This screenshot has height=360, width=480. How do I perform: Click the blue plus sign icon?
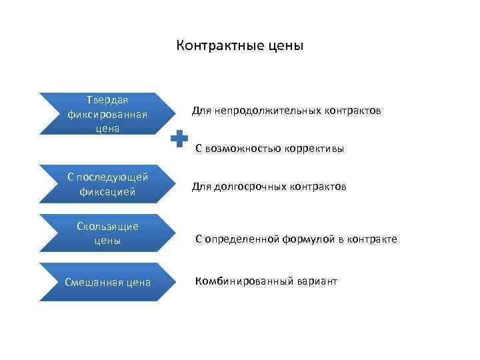coord(179,140)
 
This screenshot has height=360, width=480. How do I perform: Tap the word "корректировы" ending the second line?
coord(315,149)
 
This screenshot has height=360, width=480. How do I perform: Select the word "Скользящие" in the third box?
coord(107,227)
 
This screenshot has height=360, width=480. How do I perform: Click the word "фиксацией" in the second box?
coord(107,192)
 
